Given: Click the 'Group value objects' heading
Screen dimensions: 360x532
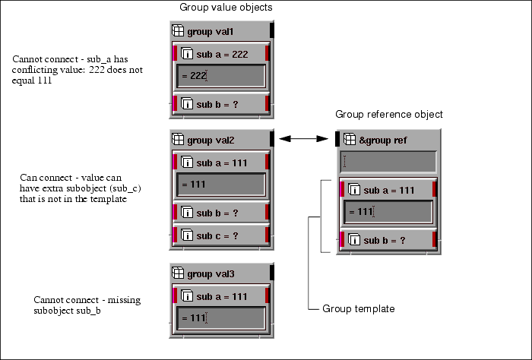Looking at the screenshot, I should click(x=226, y=8).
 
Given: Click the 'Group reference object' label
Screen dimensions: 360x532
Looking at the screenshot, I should click(x=388, y=114).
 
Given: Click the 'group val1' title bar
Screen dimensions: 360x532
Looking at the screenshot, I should click(x=220, y=31).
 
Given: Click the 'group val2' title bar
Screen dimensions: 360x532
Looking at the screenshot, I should click(x=220, y=140).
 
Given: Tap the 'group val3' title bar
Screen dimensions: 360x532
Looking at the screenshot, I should click(x=220, y=274).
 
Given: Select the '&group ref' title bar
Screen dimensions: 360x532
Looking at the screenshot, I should click(x=388, y=140).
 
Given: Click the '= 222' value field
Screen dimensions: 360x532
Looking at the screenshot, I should click(x=220, y=76).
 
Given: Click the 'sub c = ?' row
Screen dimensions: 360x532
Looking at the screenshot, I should click(x=220, y=236).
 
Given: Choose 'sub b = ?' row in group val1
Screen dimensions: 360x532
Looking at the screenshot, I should click(x=220, y=103).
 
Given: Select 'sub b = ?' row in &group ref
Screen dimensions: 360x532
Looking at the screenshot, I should click(x=388, y=240).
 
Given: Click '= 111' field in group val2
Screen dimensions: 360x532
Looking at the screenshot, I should click(x=220, y=185).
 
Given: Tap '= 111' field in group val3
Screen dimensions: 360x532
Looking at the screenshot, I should click(x=220, y=317).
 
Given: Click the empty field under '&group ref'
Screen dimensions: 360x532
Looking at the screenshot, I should click(x=388, y=162).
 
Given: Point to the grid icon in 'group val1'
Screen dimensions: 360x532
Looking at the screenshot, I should click(x=178, y=31).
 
